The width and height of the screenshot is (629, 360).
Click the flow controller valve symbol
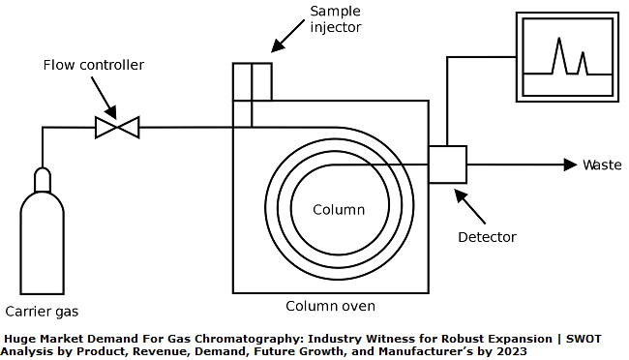coord(117,127)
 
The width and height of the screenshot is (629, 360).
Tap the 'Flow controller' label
coord(93,65)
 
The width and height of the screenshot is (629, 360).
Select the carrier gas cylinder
coord(43,242)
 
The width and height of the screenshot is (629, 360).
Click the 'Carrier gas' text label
coord(42,312)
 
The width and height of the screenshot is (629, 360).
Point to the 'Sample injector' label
coord(335,18)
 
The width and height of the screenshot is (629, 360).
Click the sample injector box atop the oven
coord(252,81)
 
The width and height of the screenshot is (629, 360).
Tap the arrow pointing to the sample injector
coord(287,38)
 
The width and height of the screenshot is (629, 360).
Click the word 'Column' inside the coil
coord(339,210)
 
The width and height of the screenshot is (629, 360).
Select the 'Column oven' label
coord(329,306)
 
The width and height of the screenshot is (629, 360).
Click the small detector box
coord(447,165)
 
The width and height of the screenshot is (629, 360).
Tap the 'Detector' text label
coord(487,237)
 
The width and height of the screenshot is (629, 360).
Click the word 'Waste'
coord(602,165)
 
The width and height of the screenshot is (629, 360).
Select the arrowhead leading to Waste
coord(570,165)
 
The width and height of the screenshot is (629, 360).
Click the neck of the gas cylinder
coord(43,178)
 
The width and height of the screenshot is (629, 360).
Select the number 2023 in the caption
coord(510,352)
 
